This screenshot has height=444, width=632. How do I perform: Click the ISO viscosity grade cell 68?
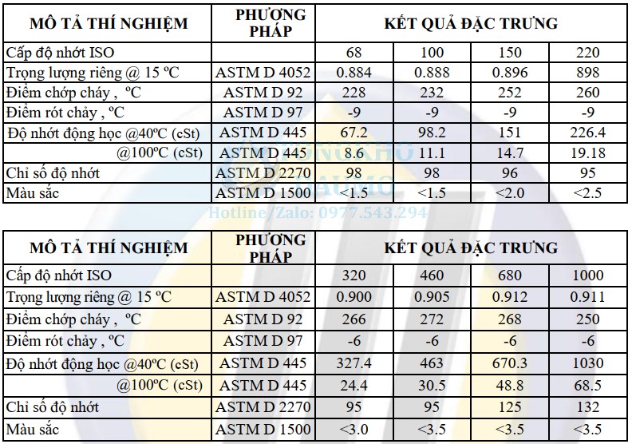(354, 53)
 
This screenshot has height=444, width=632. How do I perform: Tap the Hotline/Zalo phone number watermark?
(318, 213)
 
